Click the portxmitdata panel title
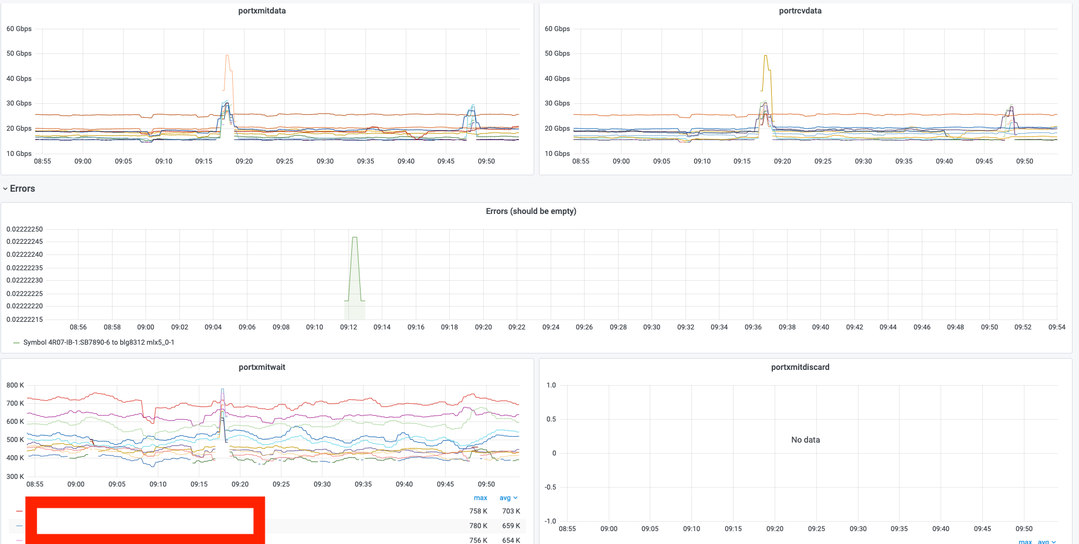click(262, 11)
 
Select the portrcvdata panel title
click(800, 11)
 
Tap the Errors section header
click(22, 189)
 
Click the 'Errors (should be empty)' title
click(531, 211)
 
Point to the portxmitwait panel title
click(262, 367)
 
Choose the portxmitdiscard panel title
click(800, 367)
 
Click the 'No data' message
click(806, 440)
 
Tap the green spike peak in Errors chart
click(354, 237)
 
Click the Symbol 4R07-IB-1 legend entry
click(99, 342)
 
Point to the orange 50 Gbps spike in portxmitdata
click(228, 56)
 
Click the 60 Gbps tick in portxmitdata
click(19, 29)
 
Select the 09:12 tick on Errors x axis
click(348, 327)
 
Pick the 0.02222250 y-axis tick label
click(25, 229)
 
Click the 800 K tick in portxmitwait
click(15, 385)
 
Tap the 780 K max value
click(479, 526)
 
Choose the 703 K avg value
click(511, 511)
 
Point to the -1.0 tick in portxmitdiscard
click(551, 521)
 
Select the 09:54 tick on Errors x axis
click(1057, 327)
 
